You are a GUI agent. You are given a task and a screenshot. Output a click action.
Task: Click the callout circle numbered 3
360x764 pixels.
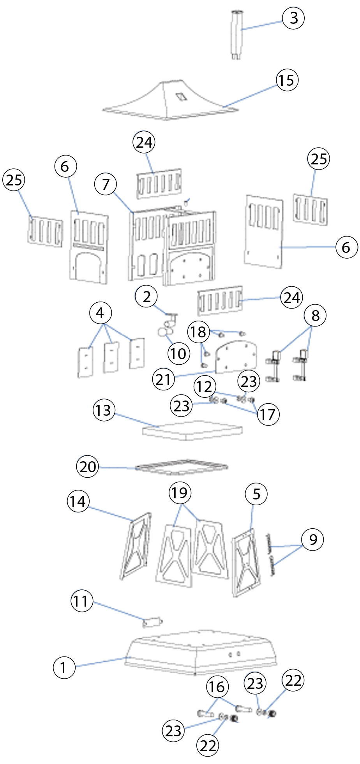click(x=293, y=18)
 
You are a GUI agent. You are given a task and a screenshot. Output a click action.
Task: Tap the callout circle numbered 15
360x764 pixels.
click(x=287, y=80)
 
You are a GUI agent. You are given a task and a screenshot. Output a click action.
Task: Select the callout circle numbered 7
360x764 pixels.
click(x=106, y=184)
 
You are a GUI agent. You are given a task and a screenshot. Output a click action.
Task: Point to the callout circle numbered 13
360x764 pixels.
click(x=104, y=410)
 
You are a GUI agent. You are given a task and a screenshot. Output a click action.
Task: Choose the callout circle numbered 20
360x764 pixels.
click(x=88, y=466)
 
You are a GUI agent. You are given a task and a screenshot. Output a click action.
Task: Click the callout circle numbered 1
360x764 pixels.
click(x=64, y=668)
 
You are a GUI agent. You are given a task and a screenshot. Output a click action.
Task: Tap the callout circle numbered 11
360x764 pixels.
click(x=82, y=601)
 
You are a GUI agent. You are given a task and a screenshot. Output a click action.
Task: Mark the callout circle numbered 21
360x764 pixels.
click(x=163, y=379)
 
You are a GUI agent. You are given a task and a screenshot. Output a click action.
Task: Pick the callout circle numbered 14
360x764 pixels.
click(x=78, y=501)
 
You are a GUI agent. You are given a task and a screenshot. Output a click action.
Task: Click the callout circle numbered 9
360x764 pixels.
click(x=312, y=540)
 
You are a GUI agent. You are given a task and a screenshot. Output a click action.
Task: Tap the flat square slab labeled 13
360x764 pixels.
click(x=192, y=430)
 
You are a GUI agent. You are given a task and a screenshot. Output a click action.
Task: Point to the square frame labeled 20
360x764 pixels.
click(x=182, y=467)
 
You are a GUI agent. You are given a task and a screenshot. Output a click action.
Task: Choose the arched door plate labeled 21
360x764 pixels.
click(x=236, y=356)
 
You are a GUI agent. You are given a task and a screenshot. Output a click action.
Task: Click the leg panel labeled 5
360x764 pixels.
click(x=245, y=561)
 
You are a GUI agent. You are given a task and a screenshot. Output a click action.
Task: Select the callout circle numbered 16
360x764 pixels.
click(x=217, y=687)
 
